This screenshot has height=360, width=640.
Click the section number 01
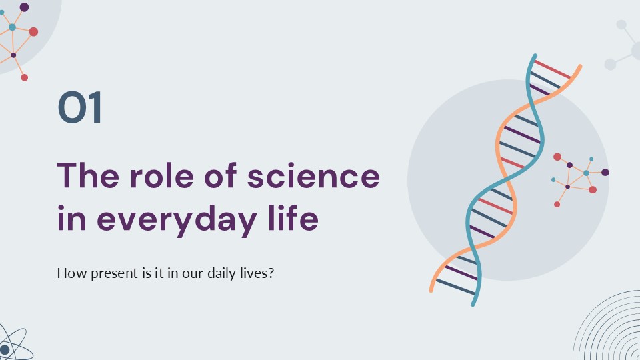point(80,109)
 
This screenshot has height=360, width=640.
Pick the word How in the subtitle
point(68,273)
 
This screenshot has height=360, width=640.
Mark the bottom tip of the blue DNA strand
point(473,303)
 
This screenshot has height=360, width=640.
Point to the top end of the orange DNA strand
point(579,67)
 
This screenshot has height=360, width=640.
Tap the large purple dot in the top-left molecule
point(24,7)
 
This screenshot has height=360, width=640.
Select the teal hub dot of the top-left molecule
point(12,27)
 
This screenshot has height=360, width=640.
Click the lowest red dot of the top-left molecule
point(25,77)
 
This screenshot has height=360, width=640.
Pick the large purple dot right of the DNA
point(605,172)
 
